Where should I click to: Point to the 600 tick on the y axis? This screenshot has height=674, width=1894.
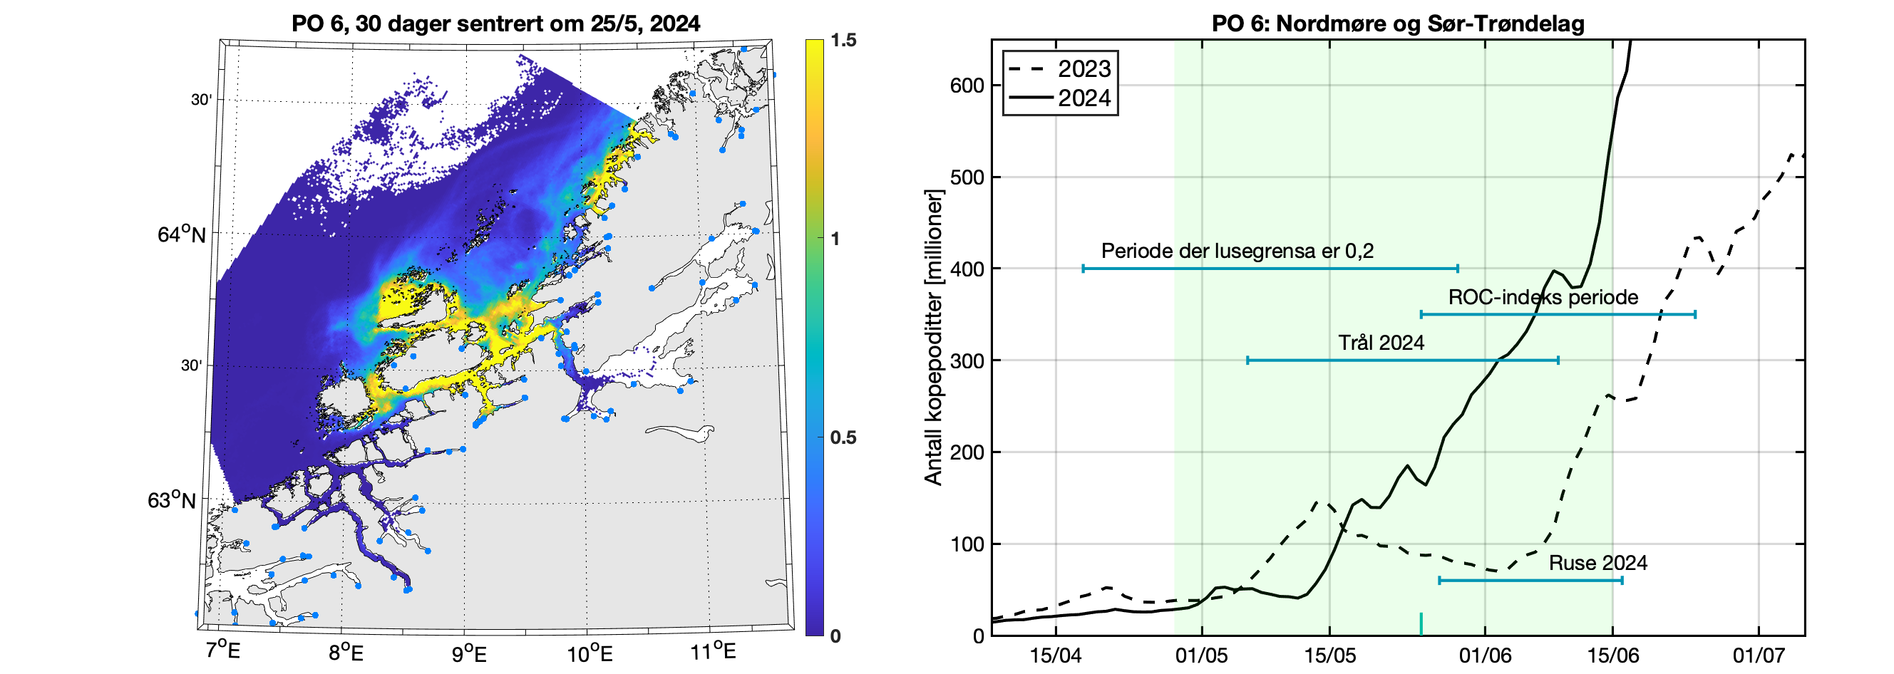pos(967,85)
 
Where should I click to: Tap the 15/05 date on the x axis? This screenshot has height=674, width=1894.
pos(1329,655)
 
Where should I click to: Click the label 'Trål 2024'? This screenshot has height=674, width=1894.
pos(1381,343)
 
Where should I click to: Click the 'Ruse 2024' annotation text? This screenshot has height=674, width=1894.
pos(1597,563)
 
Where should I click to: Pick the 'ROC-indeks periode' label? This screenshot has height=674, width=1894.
pos(1543,297)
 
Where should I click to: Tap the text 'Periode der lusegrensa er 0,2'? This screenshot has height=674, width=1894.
pos(1237,251)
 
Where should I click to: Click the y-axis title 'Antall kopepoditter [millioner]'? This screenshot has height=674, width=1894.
pos(933,338)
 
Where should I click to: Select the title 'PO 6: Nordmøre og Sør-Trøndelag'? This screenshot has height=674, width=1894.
pos(1398,24)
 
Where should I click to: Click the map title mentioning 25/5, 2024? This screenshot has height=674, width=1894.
pos(495,24)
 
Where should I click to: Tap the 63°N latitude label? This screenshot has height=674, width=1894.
pos(172,501)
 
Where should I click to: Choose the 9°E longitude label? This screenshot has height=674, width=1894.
pos(468,653)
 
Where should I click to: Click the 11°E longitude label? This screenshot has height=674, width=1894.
pos(714,651)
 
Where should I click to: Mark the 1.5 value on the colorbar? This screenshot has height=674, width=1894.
pos(843,40)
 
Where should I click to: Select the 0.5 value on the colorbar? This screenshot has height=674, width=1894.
pos(843,437)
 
